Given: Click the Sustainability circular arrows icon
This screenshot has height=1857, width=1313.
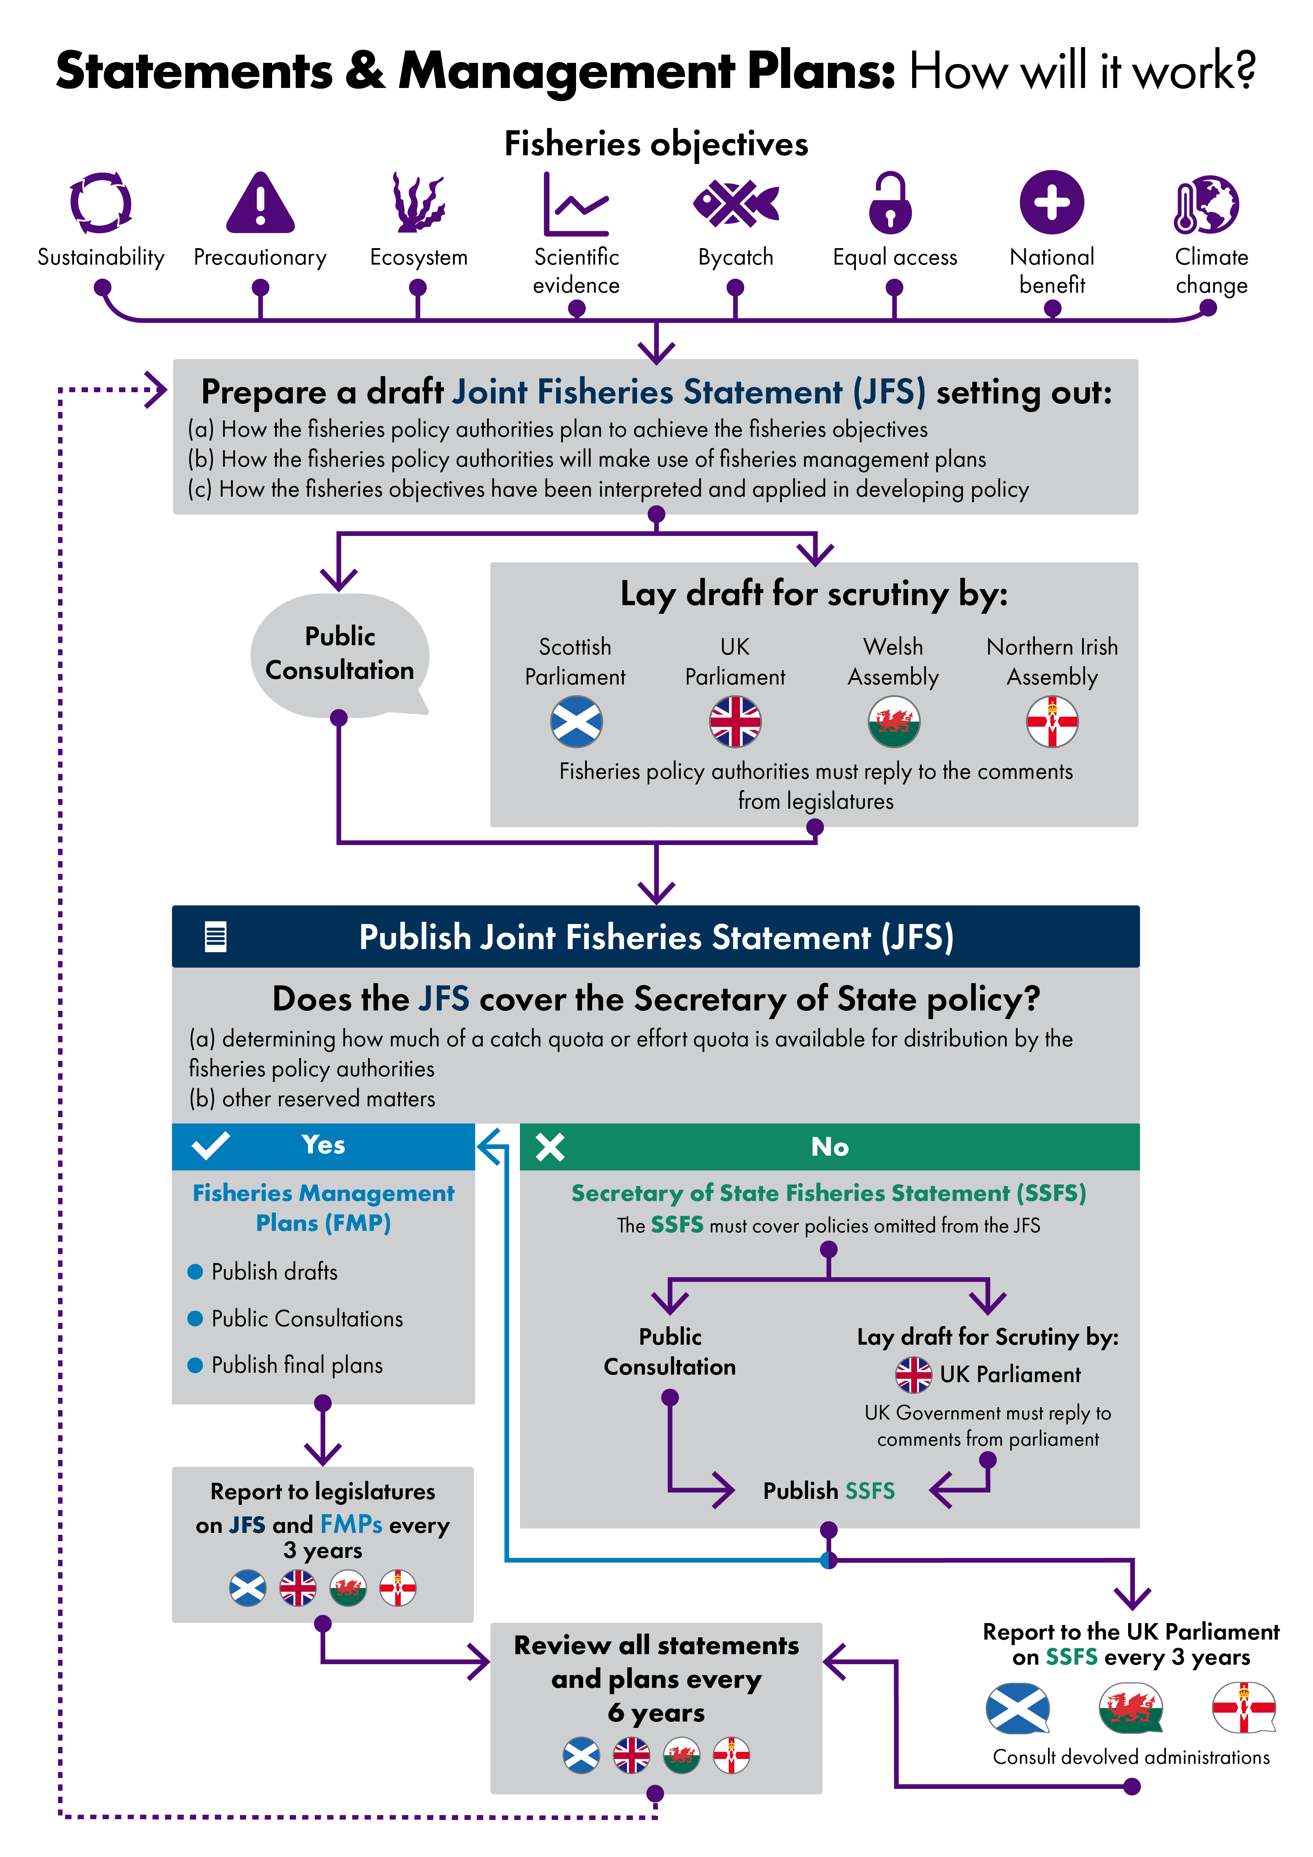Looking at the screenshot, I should [101, 202].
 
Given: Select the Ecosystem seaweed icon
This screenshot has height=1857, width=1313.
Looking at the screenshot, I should [418, 202].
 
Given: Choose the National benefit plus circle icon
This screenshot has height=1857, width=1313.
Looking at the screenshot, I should [1052, 202].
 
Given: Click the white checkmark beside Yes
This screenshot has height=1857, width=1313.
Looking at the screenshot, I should [211, 1145].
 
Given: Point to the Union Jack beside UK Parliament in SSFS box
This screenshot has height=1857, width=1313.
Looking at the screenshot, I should [913, 1375].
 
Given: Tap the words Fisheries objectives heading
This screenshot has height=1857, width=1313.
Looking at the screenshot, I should [656, 144].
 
